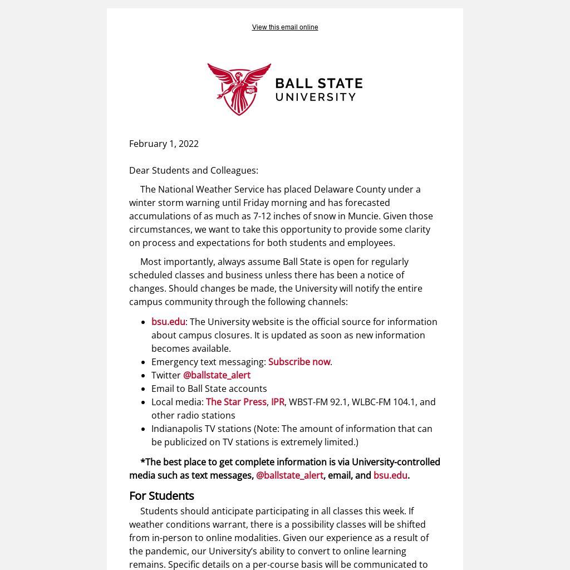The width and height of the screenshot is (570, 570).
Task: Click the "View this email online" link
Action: [x=284, y=27]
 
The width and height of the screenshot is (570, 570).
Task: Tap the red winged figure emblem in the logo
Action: [x=239, y=89]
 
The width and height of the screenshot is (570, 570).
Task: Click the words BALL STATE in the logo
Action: [x=318, y=83]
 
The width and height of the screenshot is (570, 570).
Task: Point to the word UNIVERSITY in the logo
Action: [x=316, y=97]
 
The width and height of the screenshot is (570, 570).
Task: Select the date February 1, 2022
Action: [x=164, y=144]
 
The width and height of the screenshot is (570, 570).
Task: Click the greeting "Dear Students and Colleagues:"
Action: [x=194, y=170]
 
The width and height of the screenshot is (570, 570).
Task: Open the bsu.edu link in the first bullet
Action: [x=168, y=322]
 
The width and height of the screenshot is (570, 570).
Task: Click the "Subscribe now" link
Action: [x=299, y=362]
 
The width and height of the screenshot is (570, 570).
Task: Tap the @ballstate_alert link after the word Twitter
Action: [x=217, y=375]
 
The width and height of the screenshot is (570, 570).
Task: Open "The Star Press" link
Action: [x=236, y=402]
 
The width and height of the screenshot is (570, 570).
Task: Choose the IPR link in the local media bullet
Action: [x=278, y=402]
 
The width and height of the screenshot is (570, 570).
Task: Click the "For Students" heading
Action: [x=161, y=495]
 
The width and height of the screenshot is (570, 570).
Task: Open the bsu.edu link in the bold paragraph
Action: [x=390, y=475]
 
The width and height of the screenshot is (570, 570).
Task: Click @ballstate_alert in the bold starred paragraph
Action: [x=289, y=475]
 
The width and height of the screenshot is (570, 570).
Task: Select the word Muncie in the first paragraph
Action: [x=362, y=216]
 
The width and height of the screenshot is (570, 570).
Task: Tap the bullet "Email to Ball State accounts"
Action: [x=209, y=389]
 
